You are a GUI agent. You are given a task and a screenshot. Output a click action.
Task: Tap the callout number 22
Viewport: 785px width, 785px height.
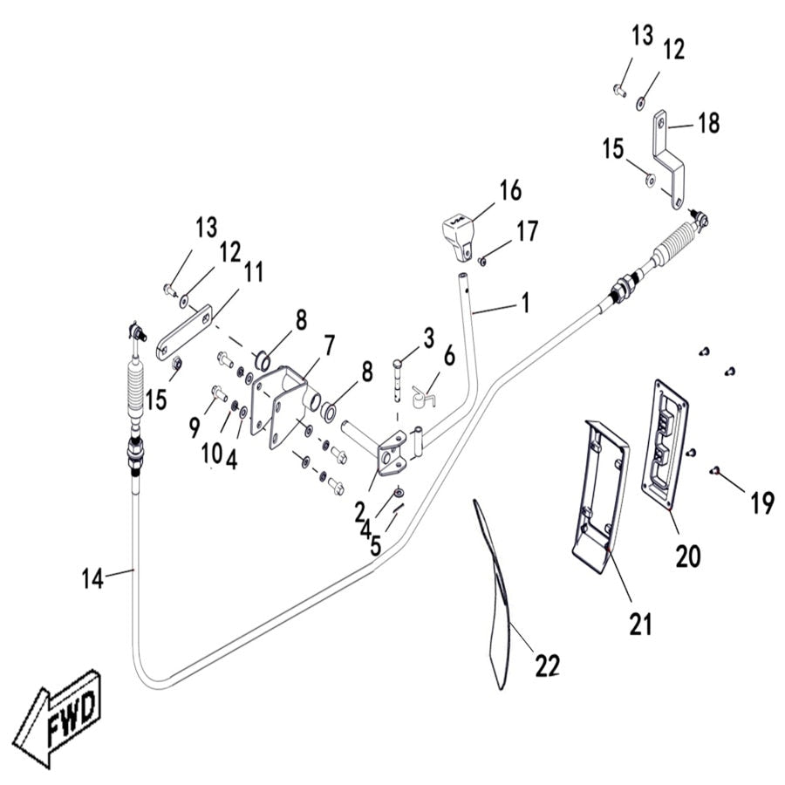tap(547, 666)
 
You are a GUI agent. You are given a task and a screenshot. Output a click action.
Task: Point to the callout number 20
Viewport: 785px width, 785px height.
tap(687, 556)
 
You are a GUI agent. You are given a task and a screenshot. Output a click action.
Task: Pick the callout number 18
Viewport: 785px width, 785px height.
tap(708, 124)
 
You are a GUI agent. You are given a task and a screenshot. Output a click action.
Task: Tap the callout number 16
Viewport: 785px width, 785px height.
tap(510, 189)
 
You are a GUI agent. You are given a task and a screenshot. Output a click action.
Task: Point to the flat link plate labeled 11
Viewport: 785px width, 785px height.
tap(183, 333)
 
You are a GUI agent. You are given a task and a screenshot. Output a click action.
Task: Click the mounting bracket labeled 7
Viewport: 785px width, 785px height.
tap(276, 401)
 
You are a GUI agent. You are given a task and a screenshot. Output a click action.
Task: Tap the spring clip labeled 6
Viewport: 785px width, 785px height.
tap(422, 397)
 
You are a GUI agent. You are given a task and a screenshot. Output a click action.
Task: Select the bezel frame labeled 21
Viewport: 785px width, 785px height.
tap(602, 488)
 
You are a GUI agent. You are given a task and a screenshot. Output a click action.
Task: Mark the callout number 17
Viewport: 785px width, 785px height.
tap(527, 231)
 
